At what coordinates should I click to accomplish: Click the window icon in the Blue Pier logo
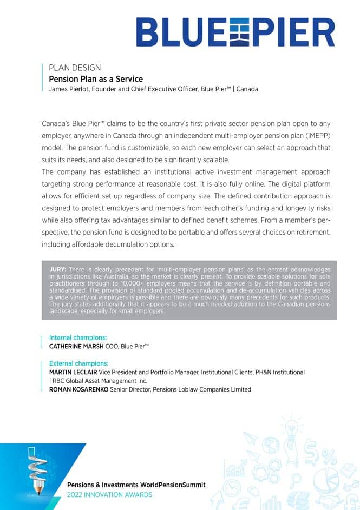tap(237, 32)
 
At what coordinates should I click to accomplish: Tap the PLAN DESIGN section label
tap(75, 68)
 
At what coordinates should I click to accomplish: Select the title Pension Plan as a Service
tap(96, 79)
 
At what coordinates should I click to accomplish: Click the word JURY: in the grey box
tap(58, 269)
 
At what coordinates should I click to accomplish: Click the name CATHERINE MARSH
tap(76, 346)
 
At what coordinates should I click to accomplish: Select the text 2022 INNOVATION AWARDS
tap(109, 495)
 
